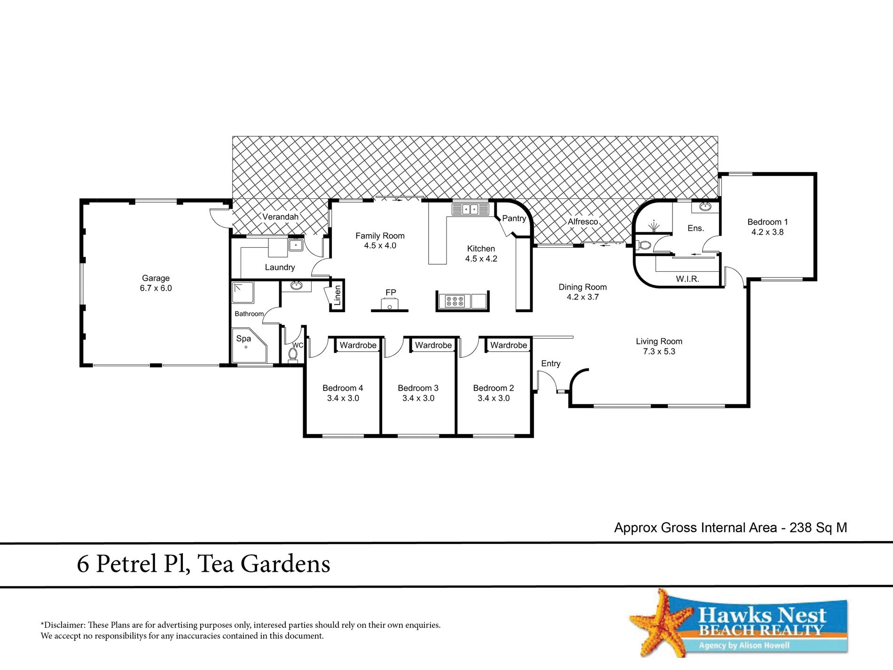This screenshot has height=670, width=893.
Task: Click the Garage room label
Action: [x=156, y=278]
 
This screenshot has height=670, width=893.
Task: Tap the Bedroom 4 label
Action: [x=343, y=388]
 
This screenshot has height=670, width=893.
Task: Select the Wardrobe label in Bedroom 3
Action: [x=433, y=345]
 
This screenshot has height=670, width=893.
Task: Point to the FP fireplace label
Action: [x=391, y=292]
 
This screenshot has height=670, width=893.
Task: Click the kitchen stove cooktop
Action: [x=455, y=301]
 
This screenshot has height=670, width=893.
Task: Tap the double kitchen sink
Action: [x=470, y=209]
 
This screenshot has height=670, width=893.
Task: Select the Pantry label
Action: [x=514, y=218]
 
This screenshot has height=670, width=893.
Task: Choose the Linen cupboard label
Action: [x=337, y=296]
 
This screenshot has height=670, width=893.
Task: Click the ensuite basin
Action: [x=705, y=206]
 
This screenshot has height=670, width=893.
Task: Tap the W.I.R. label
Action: [x=688, y=279]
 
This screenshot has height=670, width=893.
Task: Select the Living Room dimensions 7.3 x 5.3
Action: [x=659, y=351]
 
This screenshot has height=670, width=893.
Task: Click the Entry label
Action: [x=551, y=363]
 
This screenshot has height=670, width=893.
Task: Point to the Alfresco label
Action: [x=583, y=221]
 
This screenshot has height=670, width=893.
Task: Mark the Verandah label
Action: [x=280, y=217]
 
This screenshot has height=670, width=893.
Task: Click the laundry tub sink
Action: [x=296, y=245]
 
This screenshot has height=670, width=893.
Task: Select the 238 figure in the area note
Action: [x=801, y=528]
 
